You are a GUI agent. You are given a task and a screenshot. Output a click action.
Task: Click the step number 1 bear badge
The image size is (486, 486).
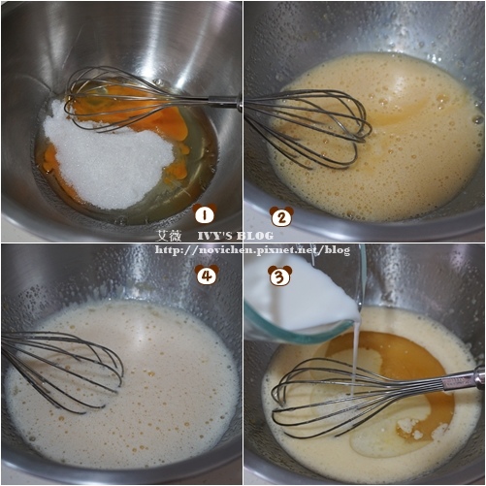coord(204,214)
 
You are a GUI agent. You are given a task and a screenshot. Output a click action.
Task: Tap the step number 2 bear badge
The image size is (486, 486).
coord(281,216)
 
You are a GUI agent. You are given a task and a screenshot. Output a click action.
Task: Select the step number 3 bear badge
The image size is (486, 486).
coord(280,275)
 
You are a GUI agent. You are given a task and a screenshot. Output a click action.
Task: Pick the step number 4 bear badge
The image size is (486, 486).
coord(207,275)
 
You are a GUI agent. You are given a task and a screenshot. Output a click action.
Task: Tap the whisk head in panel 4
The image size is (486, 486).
coord(61,372)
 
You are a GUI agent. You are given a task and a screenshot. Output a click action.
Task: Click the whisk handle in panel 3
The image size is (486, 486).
coord(463,380)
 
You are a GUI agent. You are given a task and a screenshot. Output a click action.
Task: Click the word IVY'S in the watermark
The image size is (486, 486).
coord(214,236)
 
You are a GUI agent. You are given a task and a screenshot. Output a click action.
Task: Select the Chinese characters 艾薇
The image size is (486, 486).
coord(169,236)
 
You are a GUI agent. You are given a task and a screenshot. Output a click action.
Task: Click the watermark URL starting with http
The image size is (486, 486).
coord(252,250)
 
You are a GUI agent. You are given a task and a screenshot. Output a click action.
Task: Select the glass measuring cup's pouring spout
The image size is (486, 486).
coord(357,315)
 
